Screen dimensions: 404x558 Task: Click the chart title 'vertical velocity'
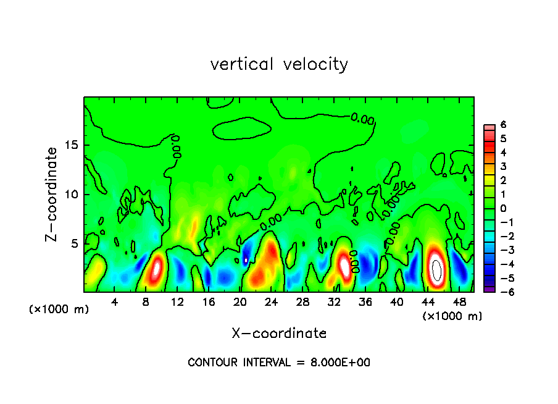pos(279,64)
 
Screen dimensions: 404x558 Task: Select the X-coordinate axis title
pos(279,334)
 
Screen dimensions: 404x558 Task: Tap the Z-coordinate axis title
pos(53,194)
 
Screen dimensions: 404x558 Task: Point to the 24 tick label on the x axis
pos(271,301)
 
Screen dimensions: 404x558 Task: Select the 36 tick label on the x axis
pos(365,301)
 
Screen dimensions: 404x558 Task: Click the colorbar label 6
pos(503,124)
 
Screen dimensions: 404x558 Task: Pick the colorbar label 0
pos(503,208)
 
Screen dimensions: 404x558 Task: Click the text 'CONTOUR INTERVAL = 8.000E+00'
pos(279,363)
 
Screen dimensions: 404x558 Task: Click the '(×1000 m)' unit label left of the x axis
pos(59,309)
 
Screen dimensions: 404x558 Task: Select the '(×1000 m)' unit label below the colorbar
pos(452,316)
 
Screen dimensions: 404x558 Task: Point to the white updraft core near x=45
pos(436,270)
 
